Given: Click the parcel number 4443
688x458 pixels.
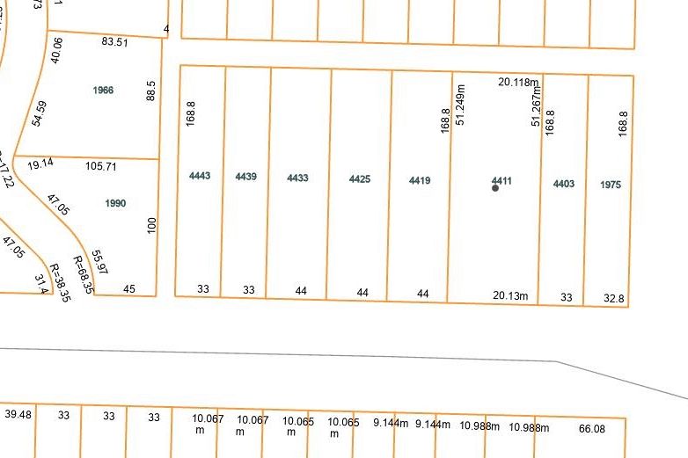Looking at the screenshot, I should [200, 176].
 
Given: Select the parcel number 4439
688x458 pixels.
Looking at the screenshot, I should [246, 177].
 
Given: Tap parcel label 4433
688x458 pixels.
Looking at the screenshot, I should [298, 178].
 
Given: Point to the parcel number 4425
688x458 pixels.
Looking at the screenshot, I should [360, 178].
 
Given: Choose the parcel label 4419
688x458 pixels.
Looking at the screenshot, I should [420, 180].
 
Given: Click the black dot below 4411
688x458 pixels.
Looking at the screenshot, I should [495, 188].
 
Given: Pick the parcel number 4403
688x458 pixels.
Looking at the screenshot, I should [564, 183].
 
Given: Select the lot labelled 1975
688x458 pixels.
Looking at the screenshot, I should [611, 185].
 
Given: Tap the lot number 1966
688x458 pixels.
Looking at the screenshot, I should [103, 91].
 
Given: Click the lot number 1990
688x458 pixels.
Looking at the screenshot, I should [115, 203].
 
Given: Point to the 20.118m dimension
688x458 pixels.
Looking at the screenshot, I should [518, 82].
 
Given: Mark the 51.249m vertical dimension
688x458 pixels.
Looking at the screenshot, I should [460, 105].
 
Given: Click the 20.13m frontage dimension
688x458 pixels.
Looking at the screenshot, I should [511, 295].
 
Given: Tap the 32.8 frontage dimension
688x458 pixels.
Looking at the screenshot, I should [614, 299].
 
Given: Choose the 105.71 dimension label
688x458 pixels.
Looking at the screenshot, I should [101, 165].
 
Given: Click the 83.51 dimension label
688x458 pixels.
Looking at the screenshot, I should [115, 41].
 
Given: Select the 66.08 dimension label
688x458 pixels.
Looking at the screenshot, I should [591, 428].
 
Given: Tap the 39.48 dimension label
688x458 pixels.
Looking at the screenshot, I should [18, 414].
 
